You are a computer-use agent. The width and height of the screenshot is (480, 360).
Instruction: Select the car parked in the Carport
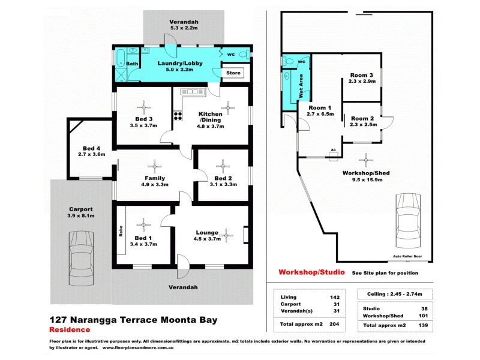(x=81, y=258)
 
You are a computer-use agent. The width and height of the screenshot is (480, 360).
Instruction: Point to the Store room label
(x=233, y=73)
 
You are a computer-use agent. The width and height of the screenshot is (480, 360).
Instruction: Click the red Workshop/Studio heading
(x=311, y=272)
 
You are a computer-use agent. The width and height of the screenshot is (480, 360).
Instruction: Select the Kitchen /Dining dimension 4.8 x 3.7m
(x=210, y=127)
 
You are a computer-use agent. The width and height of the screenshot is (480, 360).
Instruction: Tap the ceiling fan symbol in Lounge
(x=227, y=235)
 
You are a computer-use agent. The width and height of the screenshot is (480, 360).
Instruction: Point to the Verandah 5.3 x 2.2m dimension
(x=184, y=28)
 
